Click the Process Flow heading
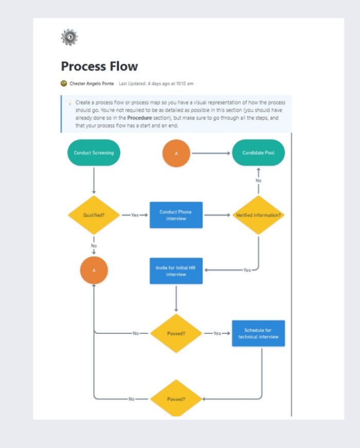[x=99, y=66]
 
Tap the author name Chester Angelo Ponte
[x=92, y=83]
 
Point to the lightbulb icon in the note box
[x=69, y=103]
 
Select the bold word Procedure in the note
[x=139, y=117]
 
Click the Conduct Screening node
[x=94, y=153]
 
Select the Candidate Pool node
[x=258, y=153]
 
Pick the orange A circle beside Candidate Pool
[x=176, y=153]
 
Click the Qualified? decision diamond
[x=94, y=215]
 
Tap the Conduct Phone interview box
[x=176, y=215]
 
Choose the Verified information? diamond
[x=258, y=215]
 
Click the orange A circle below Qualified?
[x=94, y=270]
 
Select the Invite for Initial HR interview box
[x=176, y=271]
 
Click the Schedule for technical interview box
[x=258, y=333]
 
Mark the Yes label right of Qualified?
[x=135, y=215]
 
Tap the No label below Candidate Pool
[x=258, y=181]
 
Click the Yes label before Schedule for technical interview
[x=217, y=333]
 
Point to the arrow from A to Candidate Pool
[x=211, y=153]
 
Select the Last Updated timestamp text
[x=156, y=83]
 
